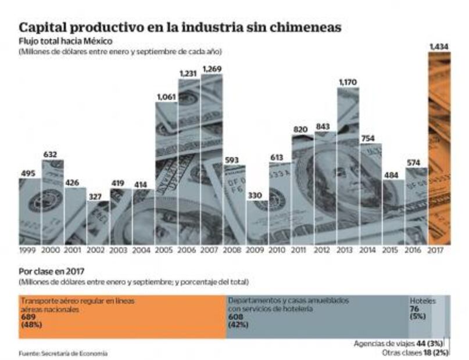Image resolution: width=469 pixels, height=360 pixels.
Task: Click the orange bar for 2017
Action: click(439, 151)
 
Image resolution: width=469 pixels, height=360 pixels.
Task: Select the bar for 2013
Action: click(348, 168)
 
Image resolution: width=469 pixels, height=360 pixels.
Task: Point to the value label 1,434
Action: click(439, 46)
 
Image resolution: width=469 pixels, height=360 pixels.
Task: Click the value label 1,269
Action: click(212, 69)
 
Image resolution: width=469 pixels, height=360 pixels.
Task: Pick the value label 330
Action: click(256, 196)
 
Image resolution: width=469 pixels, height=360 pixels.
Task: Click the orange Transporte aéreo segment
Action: click(122, 316)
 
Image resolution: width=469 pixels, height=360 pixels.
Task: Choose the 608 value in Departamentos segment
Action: click(236, 318)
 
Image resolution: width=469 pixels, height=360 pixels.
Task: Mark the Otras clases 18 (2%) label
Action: click(416, 352)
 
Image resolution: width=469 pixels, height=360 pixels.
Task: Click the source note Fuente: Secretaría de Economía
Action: click(63, 352)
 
